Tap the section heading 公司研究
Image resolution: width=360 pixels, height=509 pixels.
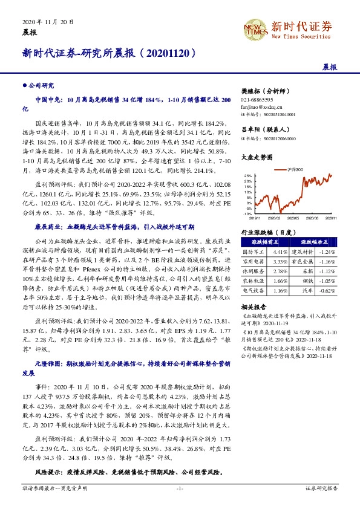[40, 86]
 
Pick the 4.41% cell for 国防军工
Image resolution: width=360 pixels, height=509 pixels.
[280, 251]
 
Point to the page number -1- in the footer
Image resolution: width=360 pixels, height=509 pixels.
[179, 487]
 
